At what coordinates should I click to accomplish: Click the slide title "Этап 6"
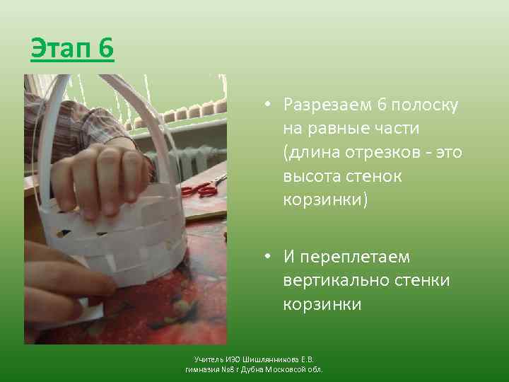(x=71, y=50)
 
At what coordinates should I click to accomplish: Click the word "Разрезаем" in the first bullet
(x=323, y=105)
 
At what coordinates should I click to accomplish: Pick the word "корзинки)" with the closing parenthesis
(x=325, y=200)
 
